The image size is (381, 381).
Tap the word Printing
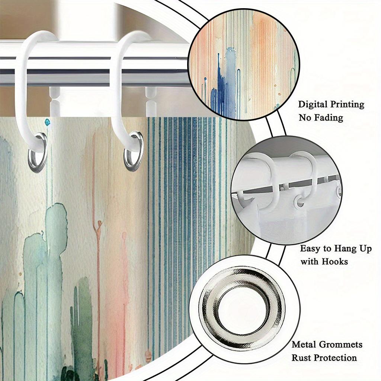tap(348, 105)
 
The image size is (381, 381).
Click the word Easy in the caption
tap(309, 249)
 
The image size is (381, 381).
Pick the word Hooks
tap(335, 262)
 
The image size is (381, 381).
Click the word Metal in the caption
tap(304, 345)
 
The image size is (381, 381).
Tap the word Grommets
tap(341, 345)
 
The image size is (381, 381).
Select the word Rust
tap(301, 358)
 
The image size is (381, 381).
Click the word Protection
tap(334, 358)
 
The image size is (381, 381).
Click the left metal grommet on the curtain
tap(38, 153)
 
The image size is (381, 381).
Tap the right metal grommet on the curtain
tap(134, 152)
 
